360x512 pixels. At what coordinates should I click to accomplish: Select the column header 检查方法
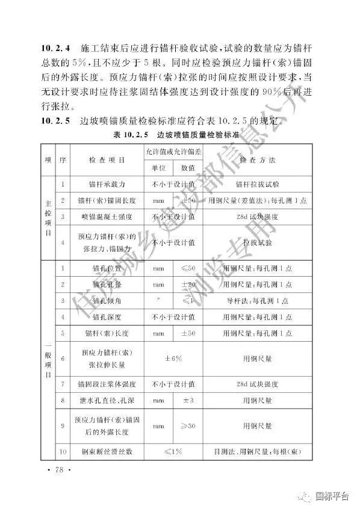pos(256,161)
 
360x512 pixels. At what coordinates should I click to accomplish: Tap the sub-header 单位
pos(158,168)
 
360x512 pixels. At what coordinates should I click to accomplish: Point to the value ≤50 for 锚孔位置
pos(188,266)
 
